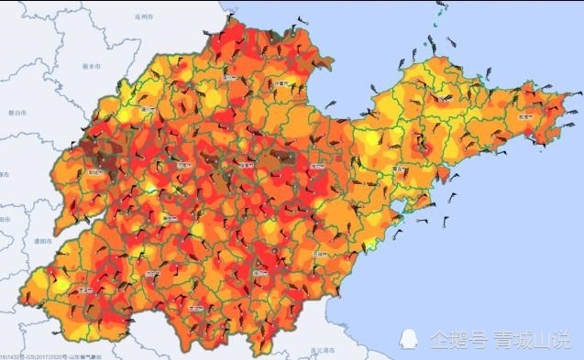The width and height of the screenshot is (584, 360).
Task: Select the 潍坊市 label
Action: point(317,168)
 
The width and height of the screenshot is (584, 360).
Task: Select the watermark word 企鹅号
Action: point(458,339)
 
